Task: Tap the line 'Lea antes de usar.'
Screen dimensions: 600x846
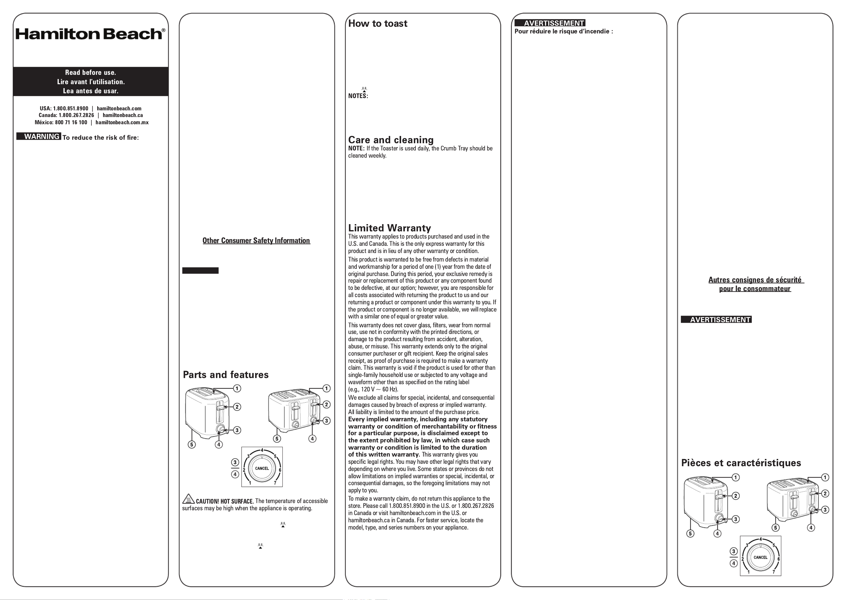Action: (x=91, y=91)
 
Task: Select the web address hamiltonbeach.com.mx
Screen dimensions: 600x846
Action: (x=122, y=122)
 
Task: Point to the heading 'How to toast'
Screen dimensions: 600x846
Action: (x=377, y=24)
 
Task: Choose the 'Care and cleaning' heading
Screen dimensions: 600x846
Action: (x=391, y=140)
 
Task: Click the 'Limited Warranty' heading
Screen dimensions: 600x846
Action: (x=389, y=228)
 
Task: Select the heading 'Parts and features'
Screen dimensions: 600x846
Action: (x=226, y=375)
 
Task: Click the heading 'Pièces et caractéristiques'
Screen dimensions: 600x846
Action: (x=741, y=463)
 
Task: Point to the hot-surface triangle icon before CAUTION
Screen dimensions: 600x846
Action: (x=188, y=499)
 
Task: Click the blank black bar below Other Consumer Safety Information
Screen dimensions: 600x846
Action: (x=200, y=270)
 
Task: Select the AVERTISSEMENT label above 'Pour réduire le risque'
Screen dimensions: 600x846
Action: (x=550, y=23)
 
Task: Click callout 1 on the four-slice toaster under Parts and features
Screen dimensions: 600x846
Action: (x=326, y=388)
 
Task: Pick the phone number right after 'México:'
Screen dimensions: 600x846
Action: (x=71, y=122)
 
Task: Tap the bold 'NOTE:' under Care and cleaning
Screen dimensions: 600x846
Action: (x=356, y=149)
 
